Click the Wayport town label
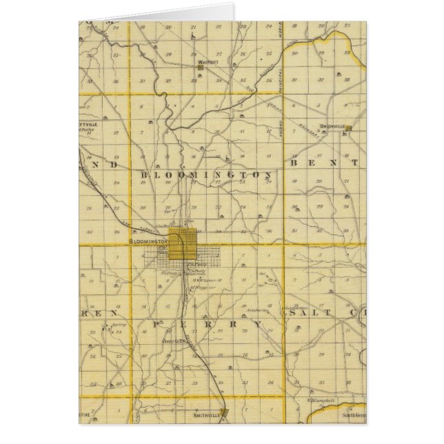208,61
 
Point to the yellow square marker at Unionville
349,128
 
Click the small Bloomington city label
150,243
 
